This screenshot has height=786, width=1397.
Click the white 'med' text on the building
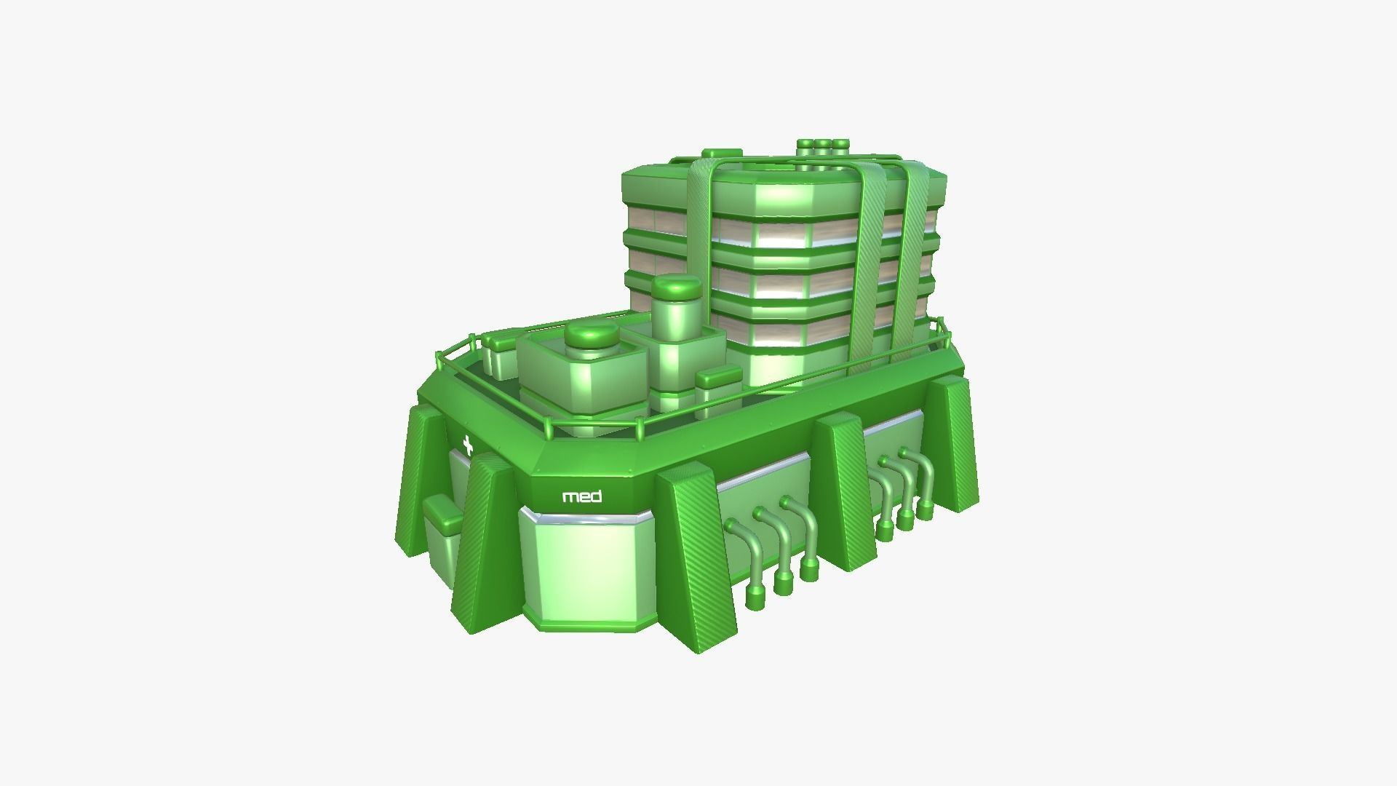[x=582, y=497]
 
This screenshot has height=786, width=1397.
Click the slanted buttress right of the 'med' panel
[x=695, y=553]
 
